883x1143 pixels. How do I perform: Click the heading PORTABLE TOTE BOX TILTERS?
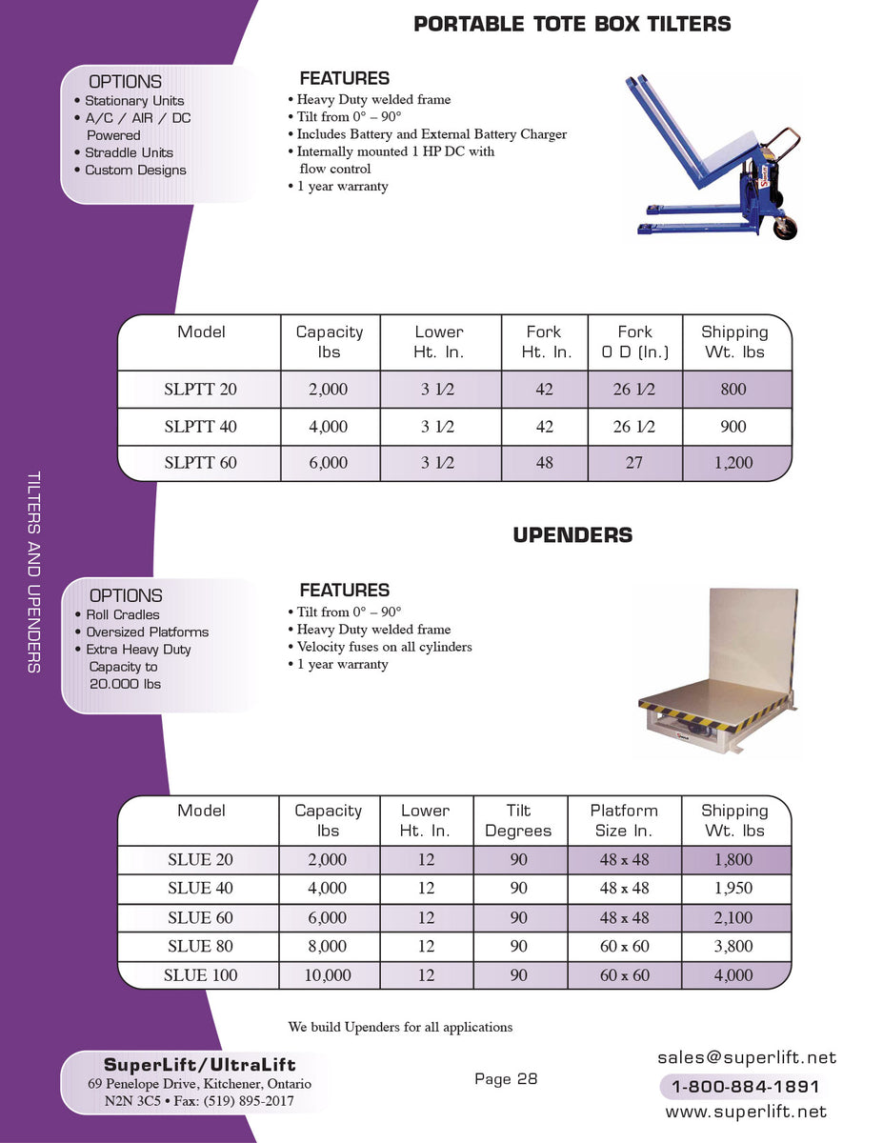tap(572, 24)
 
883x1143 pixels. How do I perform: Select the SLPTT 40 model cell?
tap(201, 427)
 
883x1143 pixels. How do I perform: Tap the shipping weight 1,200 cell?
tap(733, 463)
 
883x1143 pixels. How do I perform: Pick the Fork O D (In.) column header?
tap(634, 342)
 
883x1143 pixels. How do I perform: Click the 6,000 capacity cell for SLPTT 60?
tap(329, 463)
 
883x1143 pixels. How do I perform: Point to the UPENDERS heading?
tap(572, 535)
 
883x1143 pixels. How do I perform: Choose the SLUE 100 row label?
tap(200, 975)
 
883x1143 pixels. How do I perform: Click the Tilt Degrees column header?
tap(518, 820)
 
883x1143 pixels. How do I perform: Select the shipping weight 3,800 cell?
tap(733, 947)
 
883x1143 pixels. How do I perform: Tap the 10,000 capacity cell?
tap(329, 975)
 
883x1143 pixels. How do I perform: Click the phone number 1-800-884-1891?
tap(746, 1087)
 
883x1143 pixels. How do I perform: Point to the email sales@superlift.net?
tap(746, 1057)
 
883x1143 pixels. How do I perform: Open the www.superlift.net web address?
tap(746, 1112)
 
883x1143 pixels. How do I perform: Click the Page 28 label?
tap(506, 1079)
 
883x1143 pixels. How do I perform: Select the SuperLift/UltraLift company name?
tap(199, 1065)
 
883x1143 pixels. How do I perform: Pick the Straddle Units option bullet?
tap(129, 152)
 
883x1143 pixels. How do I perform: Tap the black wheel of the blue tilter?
tap(785, 227)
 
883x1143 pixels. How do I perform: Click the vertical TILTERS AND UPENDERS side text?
tap(34, 571)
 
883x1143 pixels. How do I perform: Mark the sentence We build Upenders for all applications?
tap(400, 1027)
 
